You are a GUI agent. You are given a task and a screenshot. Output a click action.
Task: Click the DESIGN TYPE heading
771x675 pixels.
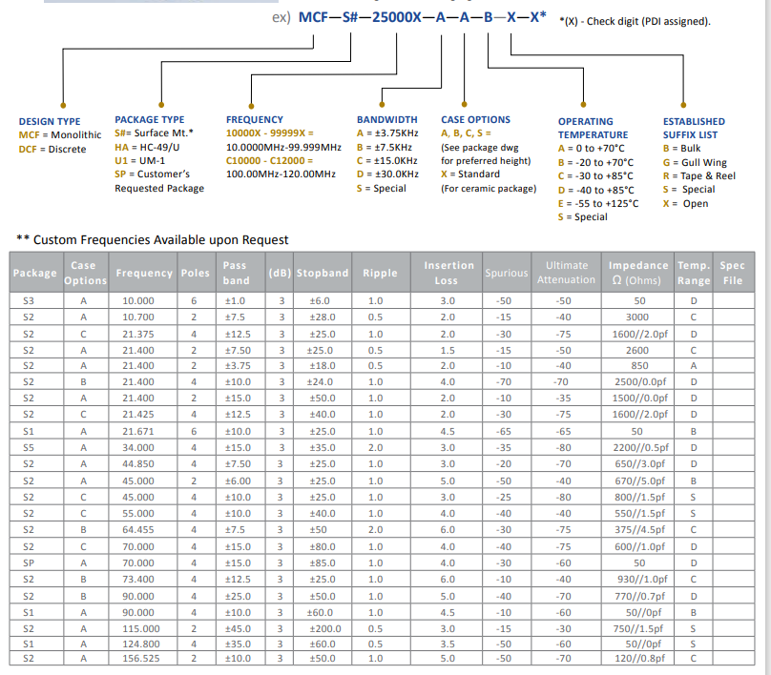(50, 121)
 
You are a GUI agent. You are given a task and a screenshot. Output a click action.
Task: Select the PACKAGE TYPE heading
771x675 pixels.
(150, 119)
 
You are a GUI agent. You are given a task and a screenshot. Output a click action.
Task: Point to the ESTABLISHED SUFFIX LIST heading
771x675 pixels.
(694, 128)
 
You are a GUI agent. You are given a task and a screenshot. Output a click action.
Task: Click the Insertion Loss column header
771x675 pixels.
(448, 273)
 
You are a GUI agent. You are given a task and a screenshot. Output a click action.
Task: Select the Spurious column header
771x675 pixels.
(506, 273)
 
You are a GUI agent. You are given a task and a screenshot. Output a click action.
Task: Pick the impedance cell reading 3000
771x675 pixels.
(638, 316)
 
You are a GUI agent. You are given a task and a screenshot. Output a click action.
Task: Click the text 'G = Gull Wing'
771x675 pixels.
(694, 162)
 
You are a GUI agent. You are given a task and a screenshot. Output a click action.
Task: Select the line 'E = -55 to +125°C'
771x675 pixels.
(598, 203)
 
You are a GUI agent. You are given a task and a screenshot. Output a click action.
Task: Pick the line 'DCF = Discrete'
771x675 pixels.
(52, 149)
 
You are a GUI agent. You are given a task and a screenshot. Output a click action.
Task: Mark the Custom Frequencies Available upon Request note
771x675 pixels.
(153, 239)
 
